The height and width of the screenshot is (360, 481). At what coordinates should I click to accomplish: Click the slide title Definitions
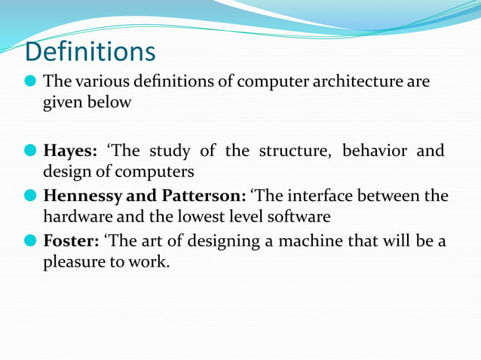(90, 52)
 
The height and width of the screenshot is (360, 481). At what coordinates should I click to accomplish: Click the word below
(110, 102)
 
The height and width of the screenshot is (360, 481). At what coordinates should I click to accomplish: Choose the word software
(300, 217)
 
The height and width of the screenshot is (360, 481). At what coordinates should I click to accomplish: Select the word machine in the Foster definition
(309, 242)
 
